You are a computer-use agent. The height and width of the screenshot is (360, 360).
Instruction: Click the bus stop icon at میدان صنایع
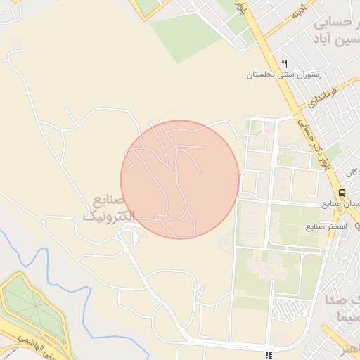point(342,193)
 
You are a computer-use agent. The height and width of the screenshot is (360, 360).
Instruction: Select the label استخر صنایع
point(326,228)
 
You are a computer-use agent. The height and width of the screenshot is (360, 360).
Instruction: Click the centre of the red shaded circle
point(180,180)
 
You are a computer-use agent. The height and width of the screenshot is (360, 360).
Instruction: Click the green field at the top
point(186,35)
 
